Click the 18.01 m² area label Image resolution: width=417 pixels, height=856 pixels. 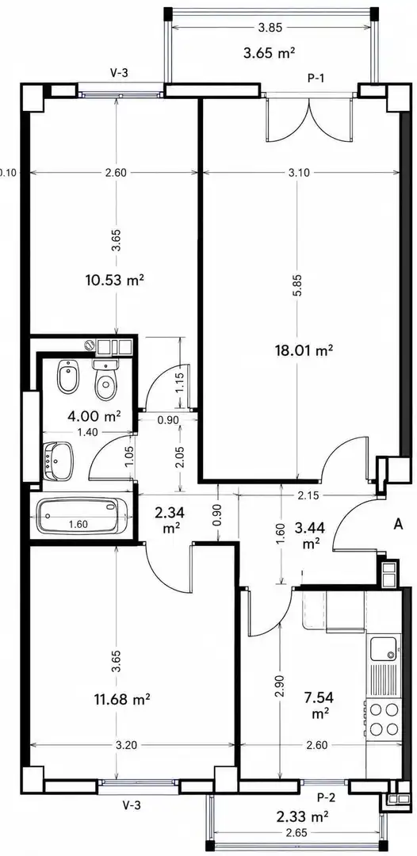[304, 350]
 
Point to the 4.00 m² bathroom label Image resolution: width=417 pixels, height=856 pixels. [94, 417]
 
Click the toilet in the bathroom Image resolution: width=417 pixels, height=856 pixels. [105, 380]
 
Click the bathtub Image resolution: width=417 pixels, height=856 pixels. [81, 516]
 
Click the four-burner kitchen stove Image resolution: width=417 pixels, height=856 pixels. [384, 719]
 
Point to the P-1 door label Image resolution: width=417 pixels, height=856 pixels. [316, 78]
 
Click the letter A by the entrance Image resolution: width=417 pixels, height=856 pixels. [399, 525]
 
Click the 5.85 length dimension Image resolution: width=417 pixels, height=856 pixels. [297, 285]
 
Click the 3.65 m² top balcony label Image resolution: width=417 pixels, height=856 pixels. [270, 53]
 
